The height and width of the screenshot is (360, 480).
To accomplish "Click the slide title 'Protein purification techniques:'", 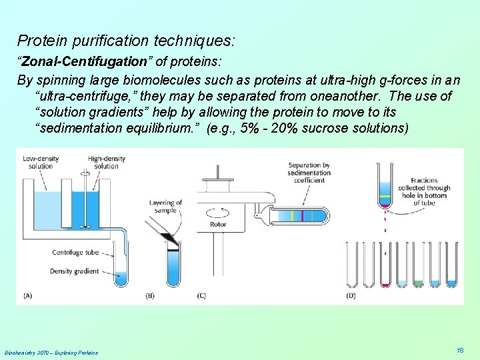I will pyautogui.click(x=126, y=41).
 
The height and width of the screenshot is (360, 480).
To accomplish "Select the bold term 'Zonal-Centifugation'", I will pyautogui.click(x=84, y=62).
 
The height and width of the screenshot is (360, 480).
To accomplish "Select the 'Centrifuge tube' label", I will pyautogui.click(x=76, y=253).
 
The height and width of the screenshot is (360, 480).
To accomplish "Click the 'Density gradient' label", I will pyautogui.click(x=75, y=271).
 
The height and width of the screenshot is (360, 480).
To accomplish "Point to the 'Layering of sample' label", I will pyautogui.click(x=165, y=206).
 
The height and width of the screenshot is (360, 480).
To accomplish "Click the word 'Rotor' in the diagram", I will pyautogui.click(x=217, y=225).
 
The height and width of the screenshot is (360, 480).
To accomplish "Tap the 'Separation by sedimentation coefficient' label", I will pyautogui.click(x=309, y=173).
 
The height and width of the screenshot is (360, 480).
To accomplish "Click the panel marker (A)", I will pyautogui.click(x=27, y=295).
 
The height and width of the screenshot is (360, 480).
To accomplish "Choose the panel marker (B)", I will pyautogui.click(x=151, y=295).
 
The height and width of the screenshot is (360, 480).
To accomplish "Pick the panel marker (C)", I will pyautogui.click(x=201, y=295).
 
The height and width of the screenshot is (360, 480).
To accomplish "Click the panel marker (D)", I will pyautogui.click(x=351, y=295).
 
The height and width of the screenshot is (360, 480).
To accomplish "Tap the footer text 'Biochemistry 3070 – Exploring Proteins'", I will pyautogui.click(x=51, y=352).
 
